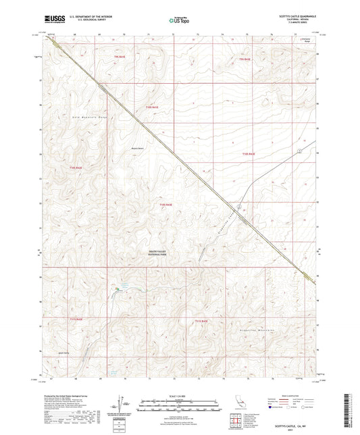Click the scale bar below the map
pyautogui.click(x=179, y=401)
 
